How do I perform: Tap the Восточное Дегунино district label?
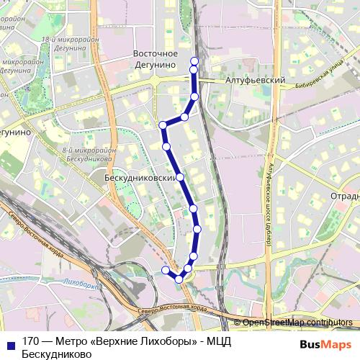tap(156, 60)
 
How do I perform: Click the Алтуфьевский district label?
tap(256, 81)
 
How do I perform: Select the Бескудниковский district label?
tap(140, 176)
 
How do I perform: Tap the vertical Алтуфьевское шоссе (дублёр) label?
tap(267, 205)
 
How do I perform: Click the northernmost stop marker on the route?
tap(194, 60)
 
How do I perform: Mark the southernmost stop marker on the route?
tap(179, 279)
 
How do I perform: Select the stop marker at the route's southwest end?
tap(165, 270)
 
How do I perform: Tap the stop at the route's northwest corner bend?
tap(163, 125)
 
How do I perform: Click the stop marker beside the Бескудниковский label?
tap(180, 176)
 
